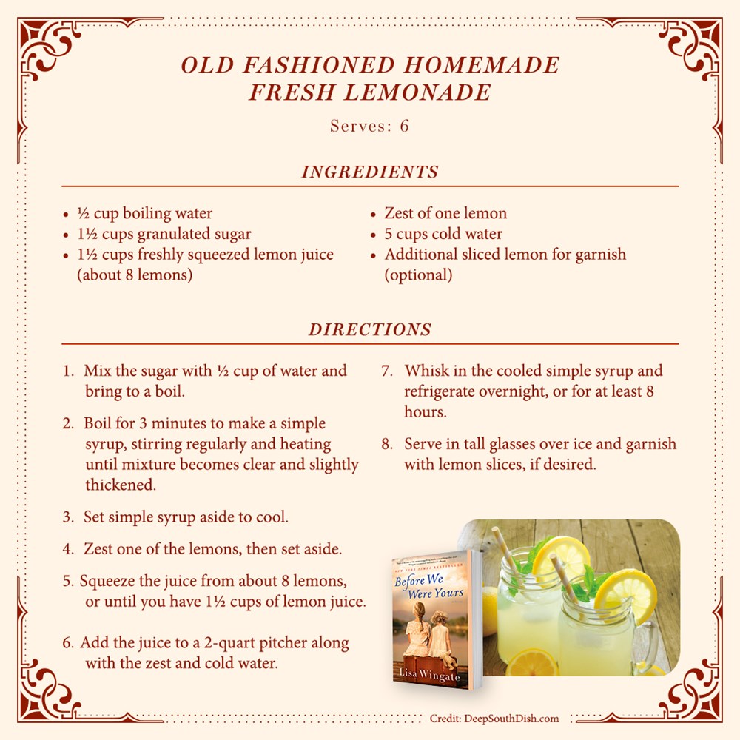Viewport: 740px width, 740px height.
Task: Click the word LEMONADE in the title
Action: pyautogui.click(x=417, y=92)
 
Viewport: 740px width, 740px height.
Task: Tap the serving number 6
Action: pyautogui.click(x=404, y=126)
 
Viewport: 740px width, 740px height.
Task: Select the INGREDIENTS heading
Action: pyautogui.click(x=370, y=172)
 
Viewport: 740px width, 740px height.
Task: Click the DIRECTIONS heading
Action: pyautogui.click(x=370, y=329)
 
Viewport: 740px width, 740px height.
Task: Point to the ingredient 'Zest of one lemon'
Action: pyautogui.click(x=445, y=213)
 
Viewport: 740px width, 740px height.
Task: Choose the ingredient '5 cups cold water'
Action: pyautogui.click(x=443, y=234)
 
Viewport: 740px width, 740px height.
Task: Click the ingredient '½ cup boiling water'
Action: pyautogui.click(x=145, y=213)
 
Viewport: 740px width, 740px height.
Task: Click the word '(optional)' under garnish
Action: pyautogui.click(x=418, y=275)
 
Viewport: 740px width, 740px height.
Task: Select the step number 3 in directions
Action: pyautogui.click(x=68, y=517)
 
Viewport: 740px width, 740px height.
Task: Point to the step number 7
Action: pyautogui.click(x=387, y=371)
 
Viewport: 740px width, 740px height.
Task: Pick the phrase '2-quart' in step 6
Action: pyautogui.click(x=230, y=643)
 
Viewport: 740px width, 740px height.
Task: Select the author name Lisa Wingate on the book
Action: pyautogui.click(x=429, y=674)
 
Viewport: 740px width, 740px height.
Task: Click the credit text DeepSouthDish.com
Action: pyautogui.click(x=511, y=719)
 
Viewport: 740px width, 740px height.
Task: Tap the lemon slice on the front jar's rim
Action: pyautogui.click(x=625, y=596)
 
